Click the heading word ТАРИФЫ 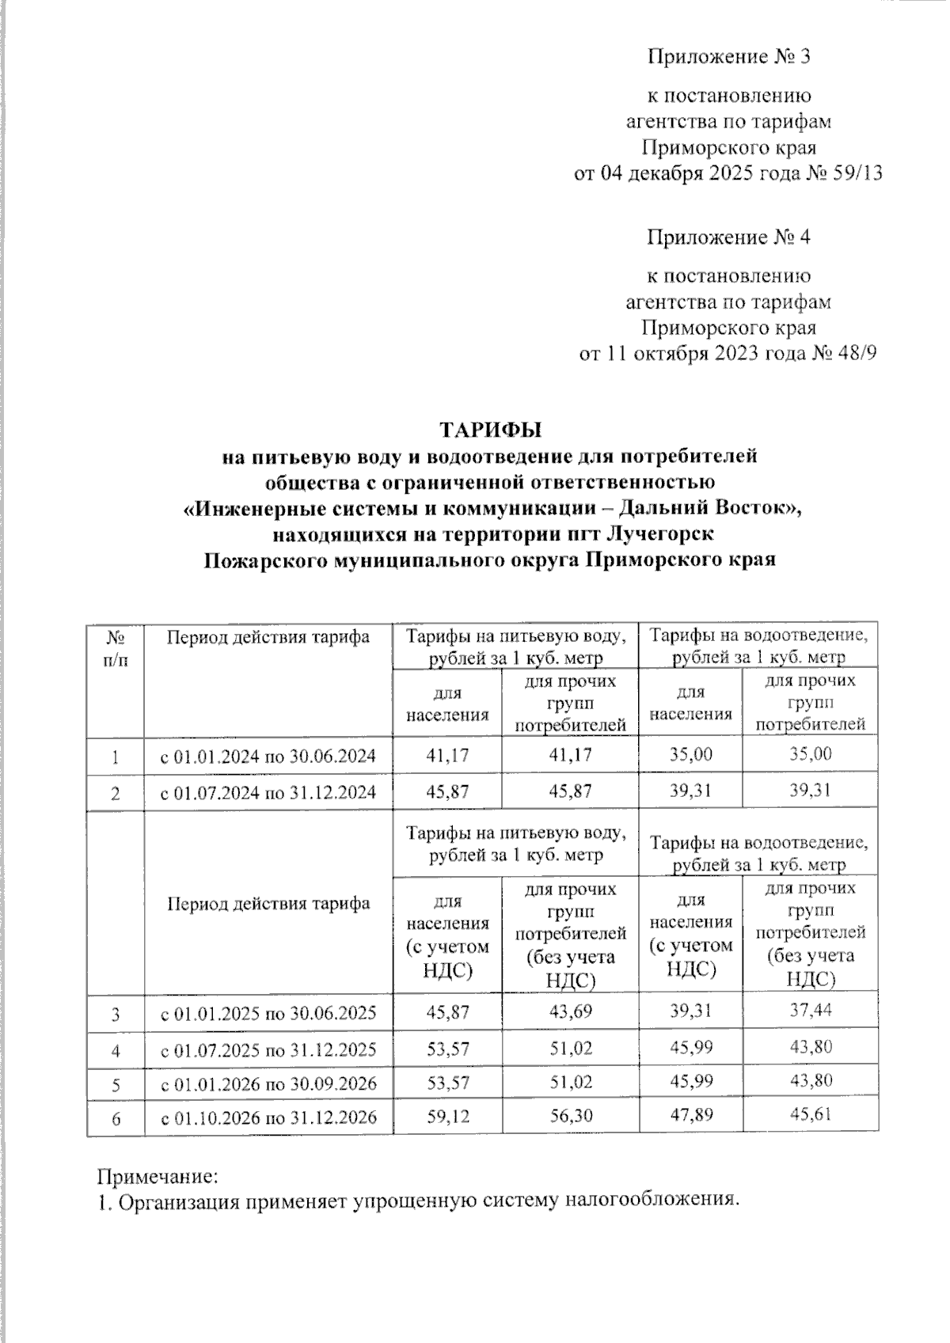(491, 430)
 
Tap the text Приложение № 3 (728, 57)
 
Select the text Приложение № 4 (728, 237)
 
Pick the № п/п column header (115, 648)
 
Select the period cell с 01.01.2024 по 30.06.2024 (268, 757)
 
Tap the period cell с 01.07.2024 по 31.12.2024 (268, 793)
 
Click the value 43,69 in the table (570, 1011)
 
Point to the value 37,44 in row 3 (810, 1010)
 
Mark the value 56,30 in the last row (570, 1116)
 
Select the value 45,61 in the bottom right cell (810, 1113)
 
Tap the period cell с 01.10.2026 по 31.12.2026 (268, 1117)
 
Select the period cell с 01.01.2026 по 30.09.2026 (268, 1083)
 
